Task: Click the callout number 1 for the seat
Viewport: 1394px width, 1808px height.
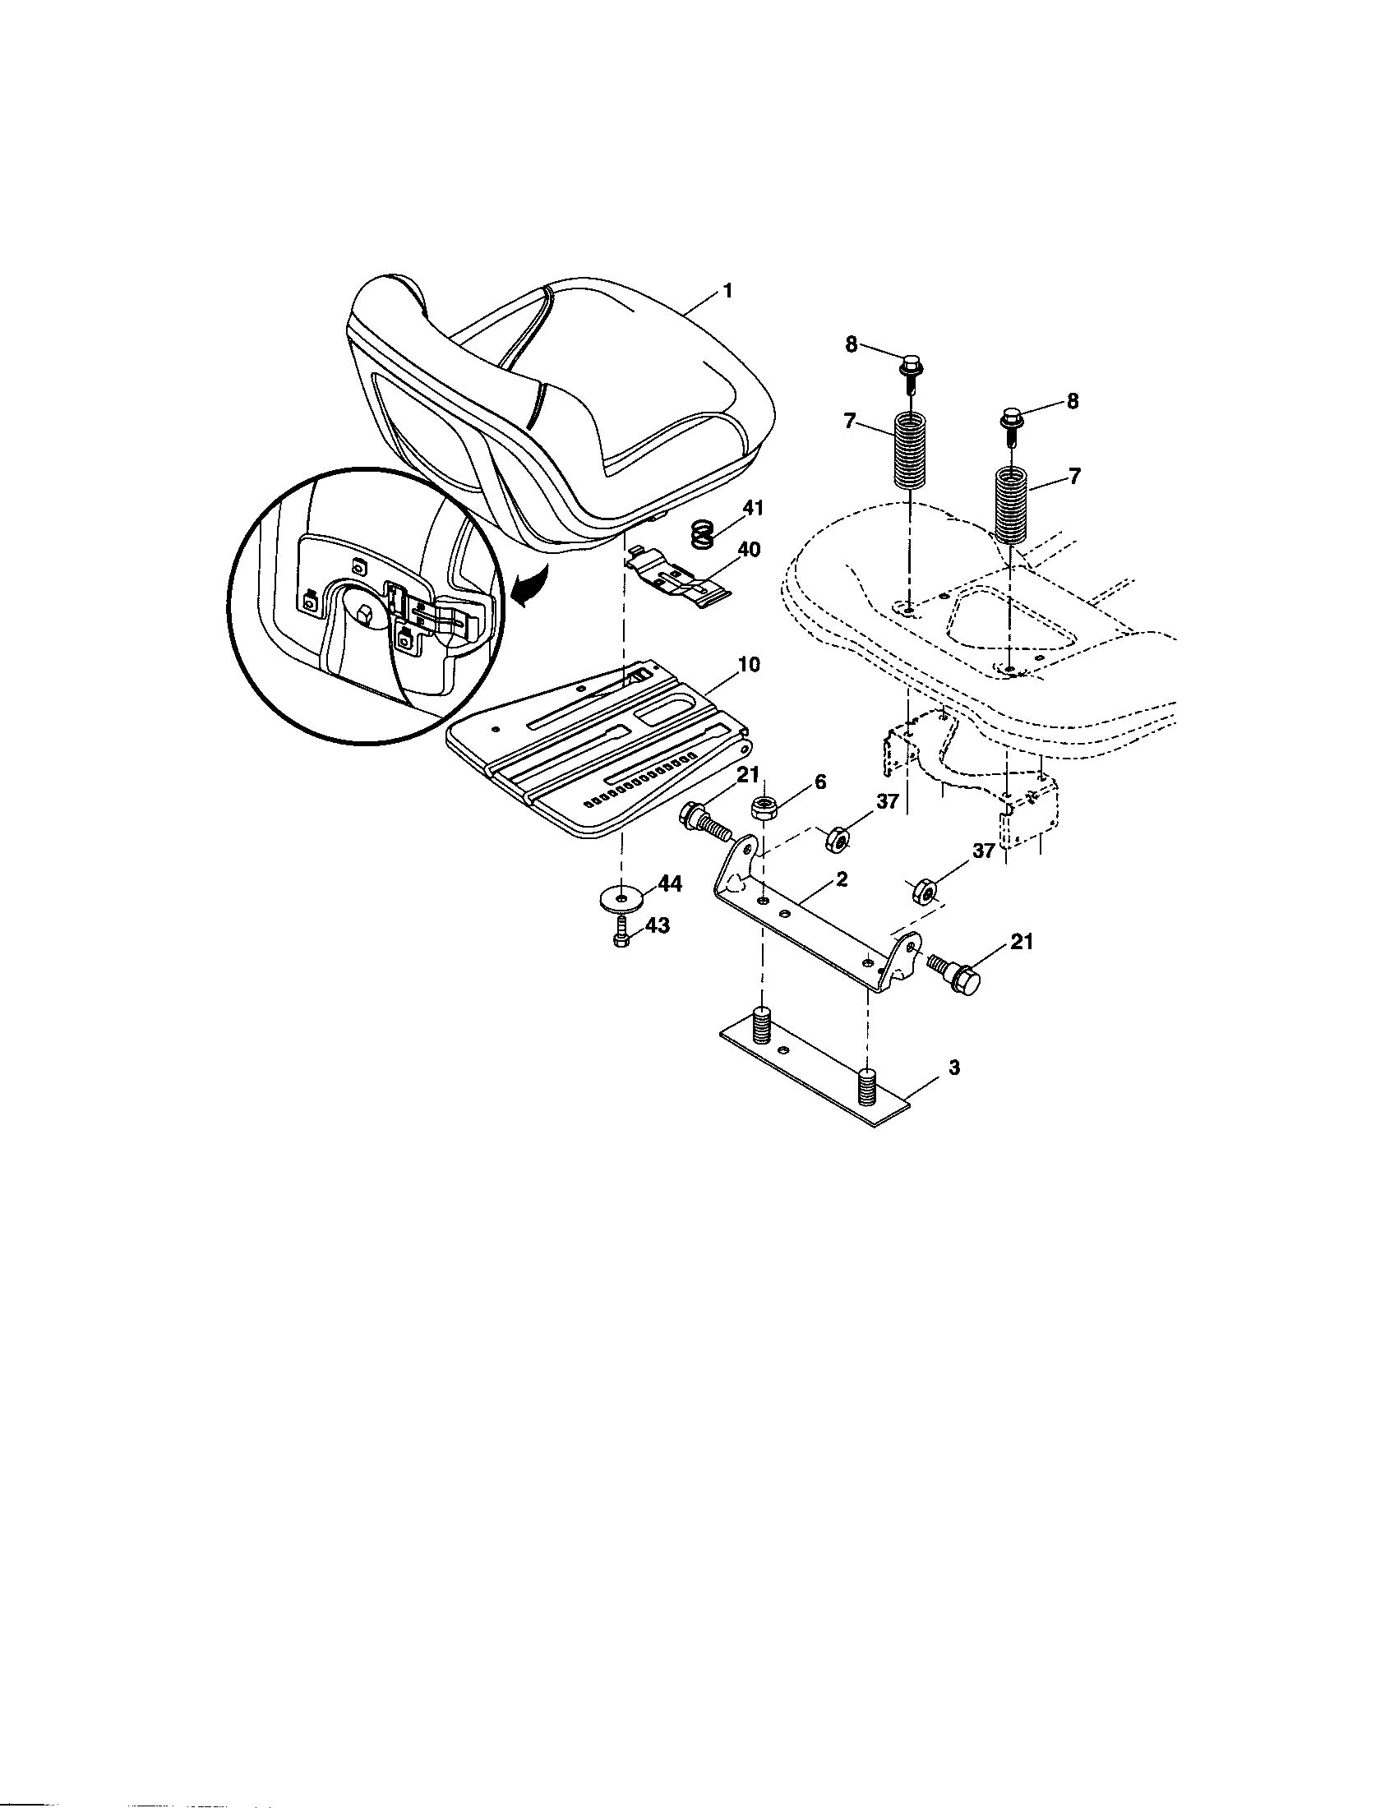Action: pyautogui.click(x=727, y=292)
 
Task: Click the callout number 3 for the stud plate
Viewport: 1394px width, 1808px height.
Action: pyautogui.click(x=953, y=1068)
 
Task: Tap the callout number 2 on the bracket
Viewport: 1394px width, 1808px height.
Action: pyautogui.click(x=841, y=880)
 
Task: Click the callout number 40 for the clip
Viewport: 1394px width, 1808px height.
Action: pyautogui.click(x=747, y=550)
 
